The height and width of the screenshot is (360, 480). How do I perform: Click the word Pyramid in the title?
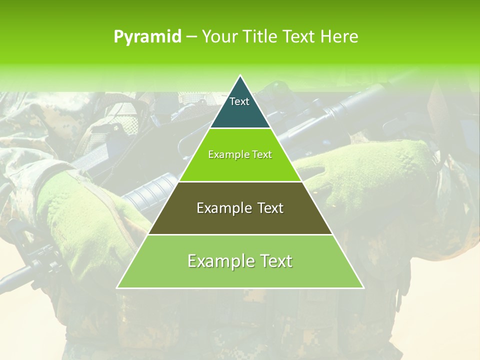pyautogui.click(x=147, y=37)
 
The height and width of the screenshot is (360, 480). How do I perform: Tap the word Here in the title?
pyautogui.click(x=339, y=37)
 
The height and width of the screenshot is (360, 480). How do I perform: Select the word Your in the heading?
pyautogui.click(x=218, y=37)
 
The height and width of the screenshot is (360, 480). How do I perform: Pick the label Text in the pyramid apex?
pyautogui.click(x=239, y=101)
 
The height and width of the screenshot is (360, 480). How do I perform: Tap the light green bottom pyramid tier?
pyautogui.click(x=240, y=275)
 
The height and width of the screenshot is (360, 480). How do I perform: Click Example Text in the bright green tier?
pyautogui.click(x=240, y=154)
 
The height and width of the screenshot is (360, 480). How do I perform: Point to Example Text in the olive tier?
pyautogui.click(x=240, y=208)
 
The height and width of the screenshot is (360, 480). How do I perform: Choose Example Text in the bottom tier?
pyautogui.click(x=240, y=261)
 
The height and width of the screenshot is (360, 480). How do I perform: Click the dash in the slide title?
pyautogui.click(x=191, y=37)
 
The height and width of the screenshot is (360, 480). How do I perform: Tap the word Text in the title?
pyautogui.click(x=299, y=37)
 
